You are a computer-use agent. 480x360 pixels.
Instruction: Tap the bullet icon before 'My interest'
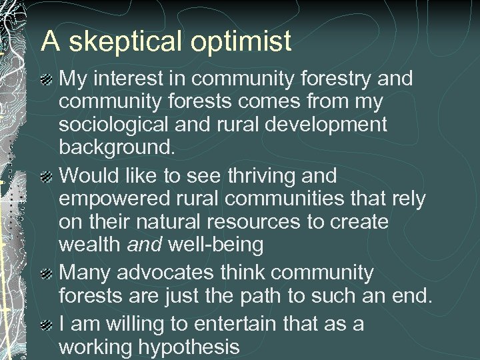click(x=47, y=80)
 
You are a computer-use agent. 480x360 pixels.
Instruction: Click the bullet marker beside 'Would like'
click(x=47, y=177)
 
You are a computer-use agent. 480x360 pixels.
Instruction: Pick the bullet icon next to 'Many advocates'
click(x=47, y=274)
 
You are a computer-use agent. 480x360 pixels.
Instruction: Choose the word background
click(x=117, y=147)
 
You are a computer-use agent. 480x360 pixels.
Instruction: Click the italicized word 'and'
click(x=145, y=245)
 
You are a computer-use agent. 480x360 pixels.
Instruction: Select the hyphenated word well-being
click(x=215, y=245)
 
